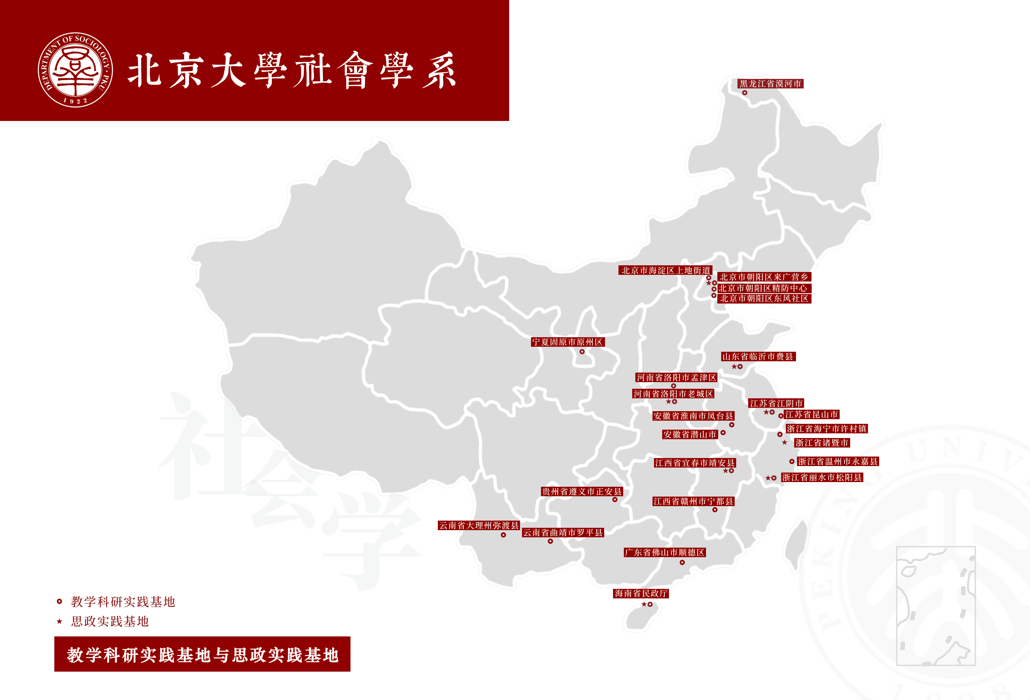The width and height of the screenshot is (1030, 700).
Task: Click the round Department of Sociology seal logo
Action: pos(75,70)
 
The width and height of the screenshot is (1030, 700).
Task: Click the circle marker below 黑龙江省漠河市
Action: pos(744,93)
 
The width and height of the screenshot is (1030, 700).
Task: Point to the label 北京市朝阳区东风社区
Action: pos(764,299)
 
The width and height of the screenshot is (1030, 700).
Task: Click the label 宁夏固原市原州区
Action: pos(568,342)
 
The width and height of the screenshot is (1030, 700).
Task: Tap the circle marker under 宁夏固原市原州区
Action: pos(582,352)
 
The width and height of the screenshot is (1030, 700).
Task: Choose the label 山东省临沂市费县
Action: pos(758,357)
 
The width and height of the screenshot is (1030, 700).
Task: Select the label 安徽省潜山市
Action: pos(690,435)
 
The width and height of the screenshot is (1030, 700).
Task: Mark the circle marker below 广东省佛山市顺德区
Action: pos(682,563)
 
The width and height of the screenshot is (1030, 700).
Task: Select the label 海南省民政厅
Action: pos(641,594)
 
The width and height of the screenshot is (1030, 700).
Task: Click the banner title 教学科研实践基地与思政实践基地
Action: pos(202,655)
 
